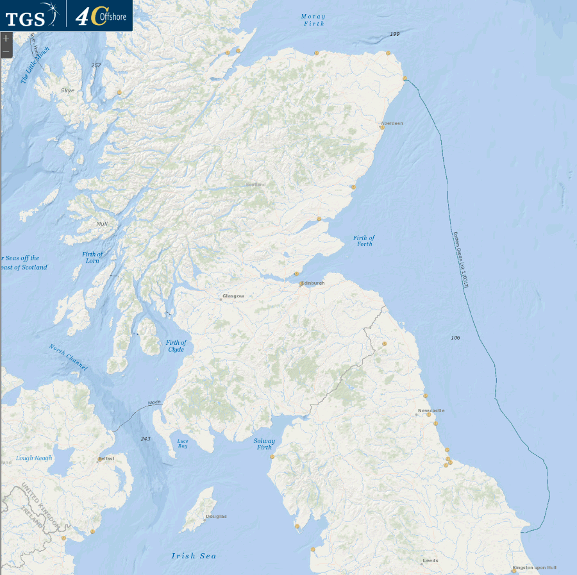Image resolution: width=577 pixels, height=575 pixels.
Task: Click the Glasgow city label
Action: point(233,296)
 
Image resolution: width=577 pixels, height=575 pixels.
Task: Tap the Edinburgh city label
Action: point(313,283)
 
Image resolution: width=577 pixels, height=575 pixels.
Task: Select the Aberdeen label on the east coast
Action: point(392,123)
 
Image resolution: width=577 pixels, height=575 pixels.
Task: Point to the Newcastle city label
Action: point(431,410)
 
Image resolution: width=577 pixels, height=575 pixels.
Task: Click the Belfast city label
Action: point(106,459)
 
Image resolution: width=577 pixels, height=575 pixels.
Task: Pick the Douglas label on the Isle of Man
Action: point(216,516)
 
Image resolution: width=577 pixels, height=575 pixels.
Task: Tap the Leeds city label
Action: point(430,560)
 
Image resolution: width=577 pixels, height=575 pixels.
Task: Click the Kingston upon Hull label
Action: point(535,568)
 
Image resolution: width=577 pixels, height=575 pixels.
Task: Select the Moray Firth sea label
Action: point(314,20)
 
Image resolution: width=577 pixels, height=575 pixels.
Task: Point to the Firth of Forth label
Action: point(364,240)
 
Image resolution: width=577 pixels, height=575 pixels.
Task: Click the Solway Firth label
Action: point(264,444)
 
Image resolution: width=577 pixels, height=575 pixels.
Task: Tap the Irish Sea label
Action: point(194,556)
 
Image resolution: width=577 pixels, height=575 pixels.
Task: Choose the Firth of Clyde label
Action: point(176,346)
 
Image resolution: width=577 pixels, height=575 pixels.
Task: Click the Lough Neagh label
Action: point(33,458)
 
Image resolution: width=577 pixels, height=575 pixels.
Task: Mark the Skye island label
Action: point(67,90)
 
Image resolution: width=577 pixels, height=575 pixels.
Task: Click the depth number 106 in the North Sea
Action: point(455,337)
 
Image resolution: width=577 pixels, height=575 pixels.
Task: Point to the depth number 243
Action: point(146,438)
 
